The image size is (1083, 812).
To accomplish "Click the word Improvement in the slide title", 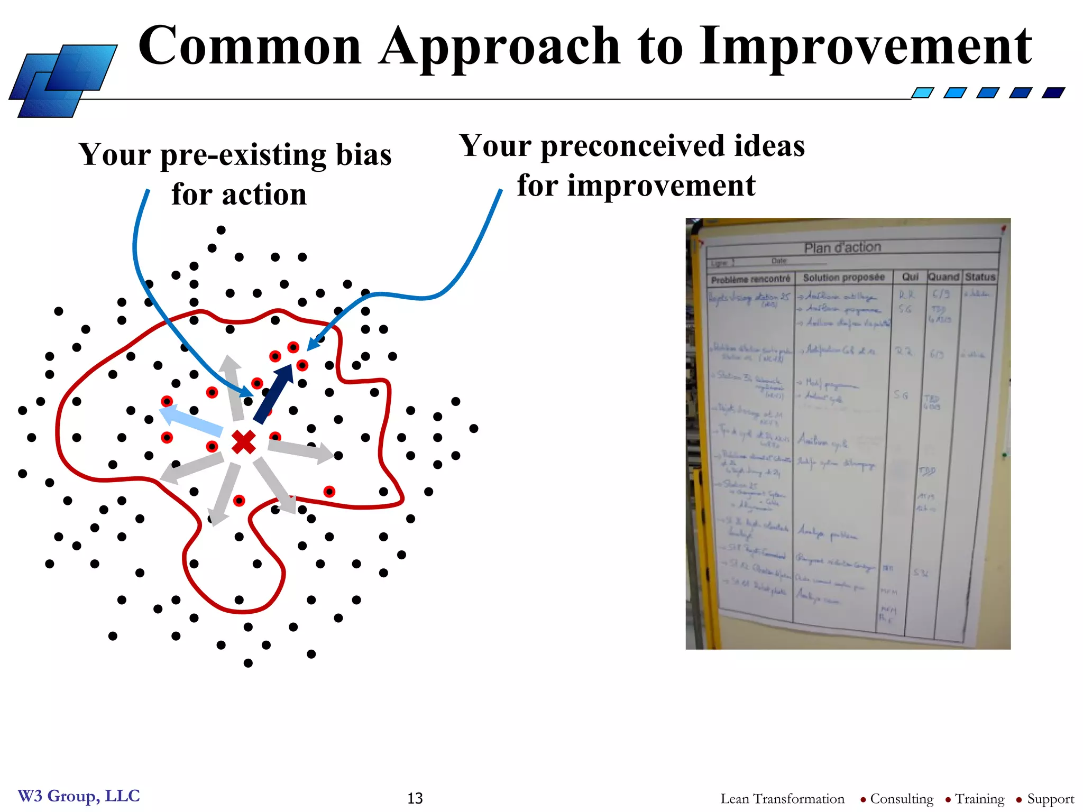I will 865,48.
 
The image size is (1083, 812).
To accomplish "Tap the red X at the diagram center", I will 244,442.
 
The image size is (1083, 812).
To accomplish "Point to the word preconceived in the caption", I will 632,146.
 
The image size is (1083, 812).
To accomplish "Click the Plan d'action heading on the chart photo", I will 842,247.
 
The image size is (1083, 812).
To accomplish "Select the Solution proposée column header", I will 843,277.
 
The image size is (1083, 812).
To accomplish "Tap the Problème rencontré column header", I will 750,279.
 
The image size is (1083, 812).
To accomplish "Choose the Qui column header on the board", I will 910,276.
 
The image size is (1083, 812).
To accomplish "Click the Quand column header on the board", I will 943,276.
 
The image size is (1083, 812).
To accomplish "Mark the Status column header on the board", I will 980,276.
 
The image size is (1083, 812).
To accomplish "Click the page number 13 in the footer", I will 415,798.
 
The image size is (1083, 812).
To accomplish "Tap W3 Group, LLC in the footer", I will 79,796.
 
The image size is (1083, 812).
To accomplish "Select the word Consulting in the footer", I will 902,799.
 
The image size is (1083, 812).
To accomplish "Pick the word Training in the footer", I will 979,799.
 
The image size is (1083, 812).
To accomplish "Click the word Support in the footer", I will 1050,799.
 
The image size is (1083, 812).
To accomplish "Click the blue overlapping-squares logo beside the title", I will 62,81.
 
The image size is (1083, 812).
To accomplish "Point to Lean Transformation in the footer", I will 782,799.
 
